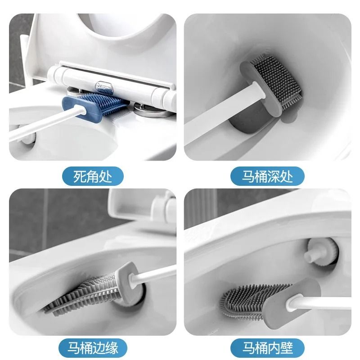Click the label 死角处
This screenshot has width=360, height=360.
92,175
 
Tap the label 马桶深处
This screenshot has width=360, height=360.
267,175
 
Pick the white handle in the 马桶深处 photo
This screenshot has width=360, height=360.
211,121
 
